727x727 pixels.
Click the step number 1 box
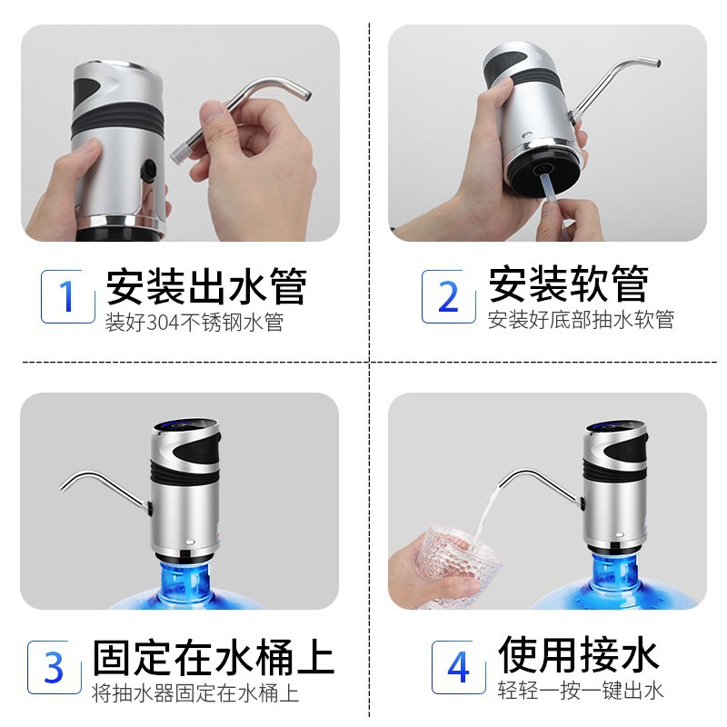coord(67,296)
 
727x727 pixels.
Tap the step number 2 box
coord(448,296)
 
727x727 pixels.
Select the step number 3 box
coord(55,667)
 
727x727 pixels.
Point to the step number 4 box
coord(459,667)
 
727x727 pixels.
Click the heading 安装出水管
coord(206,285)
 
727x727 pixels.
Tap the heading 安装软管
coord(569,284)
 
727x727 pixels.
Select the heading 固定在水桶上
coord(214,656)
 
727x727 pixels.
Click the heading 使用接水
coord(578,654)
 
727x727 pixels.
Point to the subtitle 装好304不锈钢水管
coord(194,323)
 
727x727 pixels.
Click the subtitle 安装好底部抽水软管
coord(581,320)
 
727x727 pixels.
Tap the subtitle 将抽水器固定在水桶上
coord(195,693)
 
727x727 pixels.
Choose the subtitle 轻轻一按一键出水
coord(581,691)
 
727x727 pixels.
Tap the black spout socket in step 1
coord(149,170)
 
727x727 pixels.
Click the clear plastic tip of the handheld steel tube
coord(178,152)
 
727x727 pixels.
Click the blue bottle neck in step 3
coord(184,580)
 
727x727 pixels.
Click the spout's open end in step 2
coord(657,63)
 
